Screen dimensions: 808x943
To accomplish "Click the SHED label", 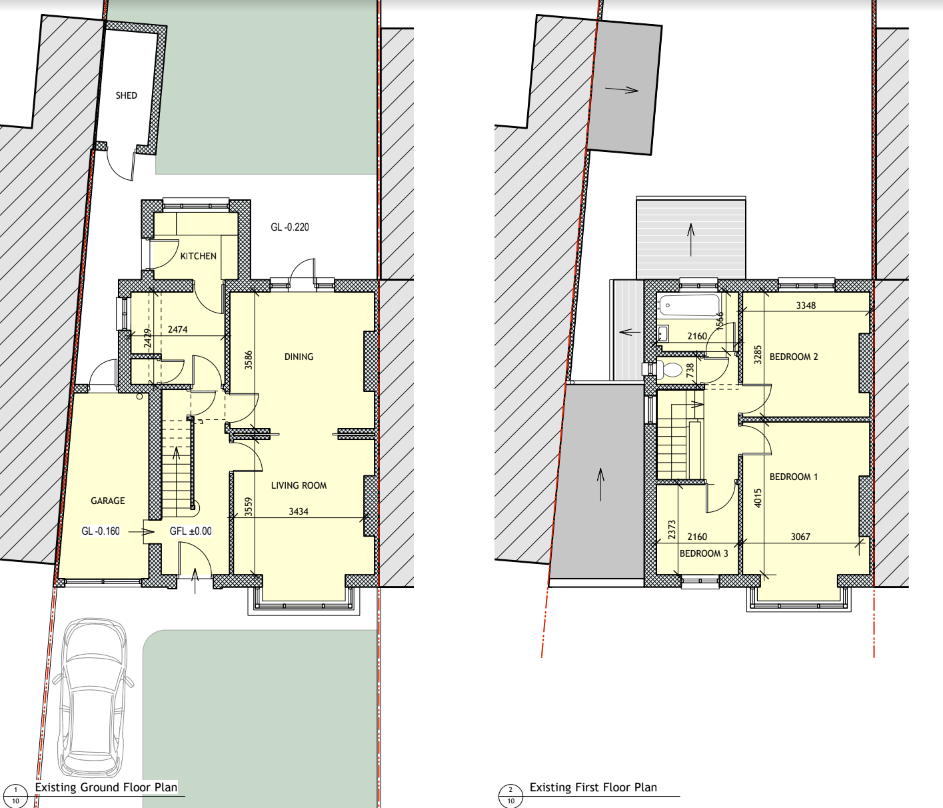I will point(126,95).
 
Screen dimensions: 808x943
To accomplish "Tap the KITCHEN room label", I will point(198,256).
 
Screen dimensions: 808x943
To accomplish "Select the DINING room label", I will point(299,357).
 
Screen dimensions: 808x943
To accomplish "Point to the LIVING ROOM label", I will point(299,485).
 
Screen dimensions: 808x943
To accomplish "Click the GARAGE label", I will point(108,501).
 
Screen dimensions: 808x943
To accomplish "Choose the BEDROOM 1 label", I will point(793,477).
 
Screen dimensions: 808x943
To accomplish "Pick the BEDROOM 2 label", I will point(793,357).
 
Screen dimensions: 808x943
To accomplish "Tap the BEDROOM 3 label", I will point(704,553).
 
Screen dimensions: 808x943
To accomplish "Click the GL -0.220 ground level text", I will point(290,227).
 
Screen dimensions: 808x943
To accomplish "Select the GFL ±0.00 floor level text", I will point(191,531).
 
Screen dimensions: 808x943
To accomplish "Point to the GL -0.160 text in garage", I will point(101,531).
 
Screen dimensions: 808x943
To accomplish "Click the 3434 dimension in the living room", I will point(299,511).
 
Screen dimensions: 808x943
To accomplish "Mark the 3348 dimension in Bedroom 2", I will point(806,305).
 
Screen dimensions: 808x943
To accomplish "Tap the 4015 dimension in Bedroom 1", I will point(758,498).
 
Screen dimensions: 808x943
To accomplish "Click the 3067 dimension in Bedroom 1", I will point(800,537).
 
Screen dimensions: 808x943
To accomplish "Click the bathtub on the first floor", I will point(689,305).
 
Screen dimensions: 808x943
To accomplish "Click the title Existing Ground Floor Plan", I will point(106,787).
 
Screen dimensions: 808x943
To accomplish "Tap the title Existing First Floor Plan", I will point(593,787).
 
